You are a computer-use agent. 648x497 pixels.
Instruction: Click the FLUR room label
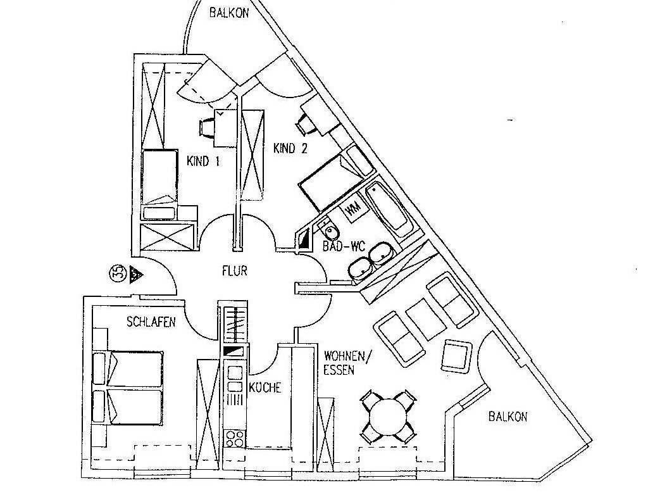(x=235, y=272)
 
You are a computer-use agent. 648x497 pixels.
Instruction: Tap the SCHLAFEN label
(x=151, y=322)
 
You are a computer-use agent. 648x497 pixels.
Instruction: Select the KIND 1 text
(x=203, y=161)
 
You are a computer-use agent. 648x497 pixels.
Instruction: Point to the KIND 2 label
(x=290, y=149)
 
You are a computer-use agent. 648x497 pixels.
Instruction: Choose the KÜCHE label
(x=265, y=387)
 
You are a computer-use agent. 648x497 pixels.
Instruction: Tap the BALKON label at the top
(x=229, y=11)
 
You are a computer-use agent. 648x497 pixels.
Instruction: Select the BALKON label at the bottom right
(x=507, y=417)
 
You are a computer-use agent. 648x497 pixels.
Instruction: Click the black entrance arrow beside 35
(x=135, y=274)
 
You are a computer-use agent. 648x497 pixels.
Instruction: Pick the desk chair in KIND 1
(x=207, y=128)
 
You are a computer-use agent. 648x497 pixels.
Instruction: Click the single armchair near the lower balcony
(x=456, y=356)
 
